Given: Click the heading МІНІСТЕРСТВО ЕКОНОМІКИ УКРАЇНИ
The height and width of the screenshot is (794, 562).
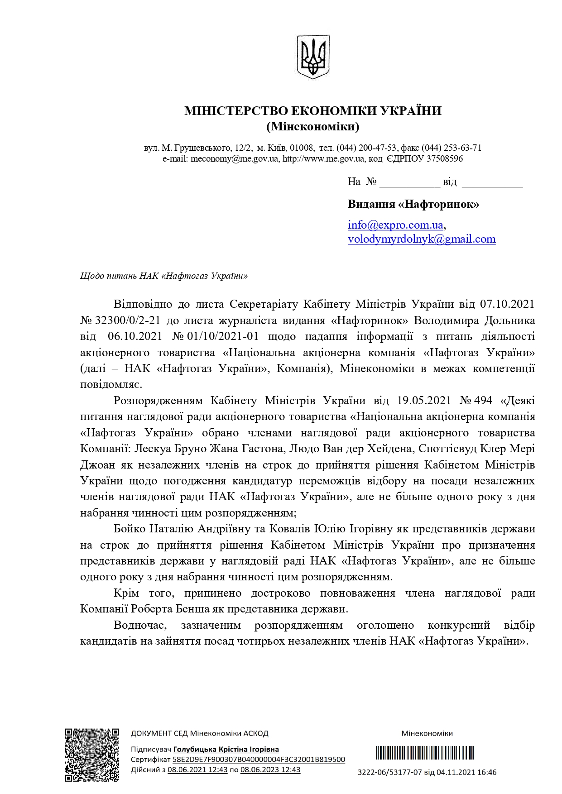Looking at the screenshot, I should click(312, 111).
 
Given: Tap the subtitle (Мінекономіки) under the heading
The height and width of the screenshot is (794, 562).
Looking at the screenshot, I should click(312, 127).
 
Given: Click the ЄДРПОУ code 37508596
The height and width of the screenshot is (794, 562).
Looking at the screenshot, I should click(445, 159).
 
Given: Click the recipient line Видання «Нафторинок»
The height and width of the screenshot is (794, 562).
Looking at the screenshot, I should click(413, 204).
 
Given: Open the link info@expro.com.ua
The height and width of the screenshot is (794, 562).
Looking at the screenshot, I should click(395, 225).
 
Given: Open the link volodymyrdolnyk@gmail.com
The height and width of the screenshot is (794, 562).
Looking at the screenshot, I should click(421, 239).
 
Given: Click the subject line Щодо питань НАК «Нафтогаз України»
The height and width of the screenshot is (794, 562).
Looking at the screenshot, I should click(164, 276).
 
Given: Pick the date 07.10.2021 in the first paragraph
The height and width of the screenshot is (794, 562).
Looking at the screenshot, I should click(507, 304).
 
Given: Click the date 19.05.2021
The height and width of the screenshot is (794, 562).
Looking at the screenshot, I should click(424, 401).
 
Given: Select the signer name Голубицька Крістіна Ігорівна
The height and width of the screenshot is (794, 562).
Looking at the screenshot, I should click(226, 750).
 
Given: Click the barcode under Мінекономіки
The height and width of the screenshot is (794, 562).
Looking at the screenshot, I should click(424, 753).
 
